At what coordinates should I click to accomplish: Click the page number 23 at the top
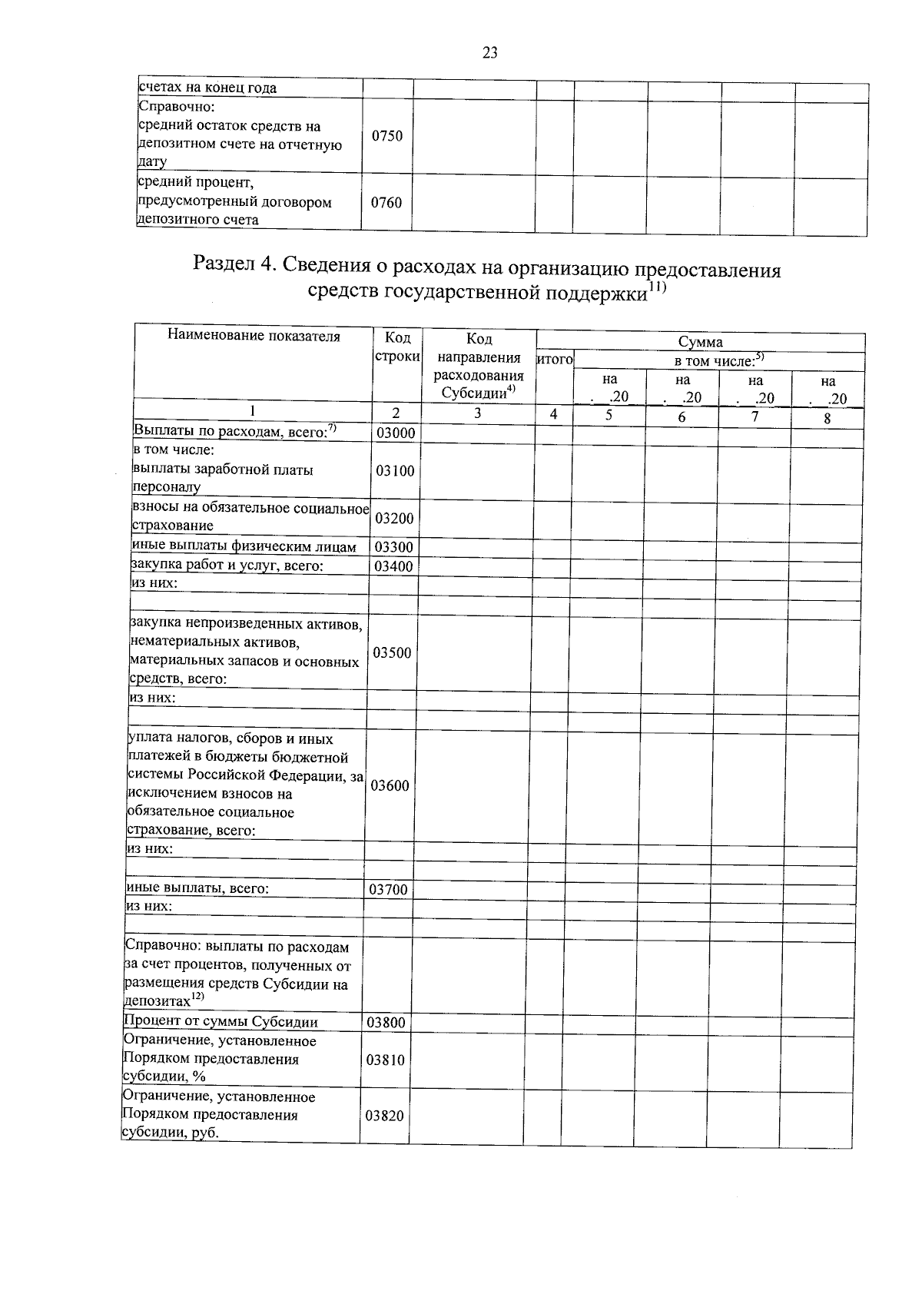tap(490, 53)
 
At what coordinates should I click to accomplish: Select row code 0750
tap(387, 136)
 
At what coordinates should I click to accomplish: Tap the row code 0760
tap(386, 203)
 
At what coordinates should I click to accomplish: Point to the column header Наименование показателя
tap(254, 336)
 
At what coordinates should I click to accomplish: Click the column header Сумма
tap(700, 343)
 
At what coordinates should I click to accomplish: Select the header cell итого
tap(555, 359)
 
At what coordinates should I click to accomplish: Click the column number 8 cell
tap(827, 420)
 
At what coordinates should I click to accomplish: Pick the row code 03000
tap(395, 433)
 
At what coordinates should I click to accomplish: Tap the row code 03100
tap(395, 470)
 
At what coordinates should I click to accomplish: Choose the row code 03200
tap(394, 518)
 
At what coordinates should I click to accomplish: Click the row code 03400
tap(393, 567)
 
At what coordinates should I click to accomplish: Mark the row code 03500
tap(392, 652)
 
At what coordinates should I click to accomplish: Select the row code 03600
tap(390, 785)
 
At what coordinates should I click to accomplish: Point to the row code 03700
tap(388, 890)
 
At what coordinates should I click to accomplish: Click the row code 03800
tap(386, 1023)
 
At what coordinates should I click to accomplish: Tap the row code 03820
tap(384, 1116)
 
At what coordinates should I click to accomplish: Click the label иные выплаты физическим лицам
tap(244, 547)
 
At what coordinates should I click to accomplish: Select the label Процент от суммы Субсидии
tap(221, 1022)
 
